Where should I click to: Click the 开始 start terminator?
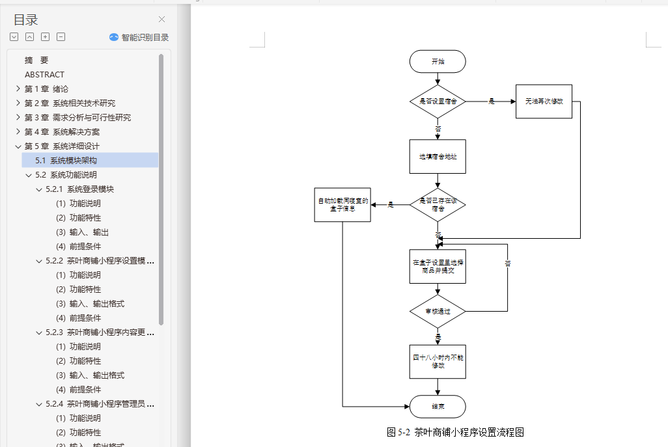click(x=438, y=61)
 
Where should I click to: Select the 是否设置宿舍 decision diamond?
click(x=438, y=102)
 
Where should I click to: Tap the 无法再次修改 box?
click(x=544, y=102)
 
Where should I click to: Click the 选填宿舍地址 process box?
click(x=438, y=156)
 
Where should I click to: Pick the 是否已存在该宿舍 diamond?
click(x=438, y=205)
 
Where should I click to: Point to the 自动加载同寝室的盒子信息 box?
click(x=342, y=204)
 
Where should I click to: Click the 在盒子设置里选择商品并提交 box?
click(x=438, y=266)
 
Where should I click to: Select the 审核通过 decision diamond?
click(x=438, y=311)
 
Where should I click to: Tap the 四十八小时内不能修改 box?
click(x=438, y=361)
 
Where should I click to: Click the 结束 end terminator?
click(x=438, y=406)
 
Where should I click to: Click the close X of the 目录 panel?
click(x=161, y=20)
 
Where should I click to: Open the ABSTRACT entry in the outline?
click(x=44, y=75)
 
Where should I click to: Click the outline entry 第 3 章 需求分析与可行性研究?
click(x=77, y=118)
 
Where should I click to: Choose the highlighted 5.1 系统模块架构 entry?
click(x=66, y=160)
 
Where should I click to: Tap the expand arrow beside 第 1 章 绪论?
click(x=18, y=89)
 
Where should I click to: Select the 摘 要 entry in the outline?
click(x=36, y=61)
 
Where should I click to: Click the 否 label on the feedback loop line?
click(x=507, y=264)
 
